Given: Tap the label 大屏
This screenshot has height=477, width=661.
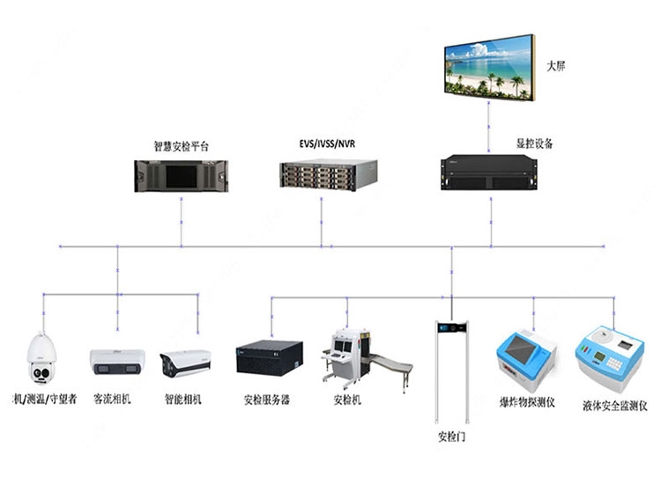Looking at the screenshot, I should (x=555, y=66).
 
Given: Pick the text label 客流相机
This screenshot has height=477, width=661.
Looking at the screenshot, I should (x=112, y=399).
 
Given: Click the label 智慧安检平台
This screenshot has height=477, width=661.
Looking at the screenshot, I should (x=182, y=145).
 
